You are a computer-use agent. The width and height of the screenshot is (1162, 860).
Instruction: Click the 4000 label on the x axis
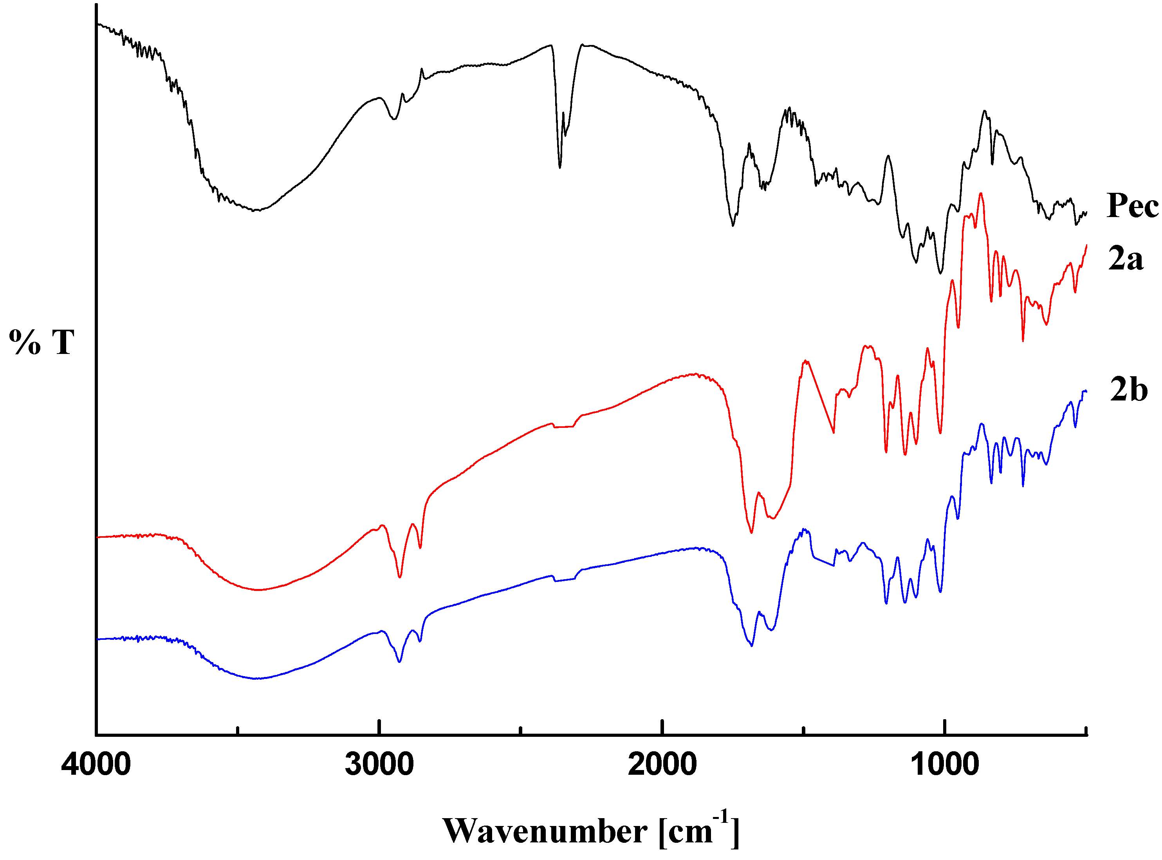coord(96,765)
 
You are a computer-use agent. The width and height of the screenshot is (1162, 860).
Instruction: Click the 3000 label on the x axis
coord(379,765)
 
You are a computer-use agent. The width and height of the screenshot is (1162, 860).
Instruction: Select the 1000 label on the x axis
coord(944,765)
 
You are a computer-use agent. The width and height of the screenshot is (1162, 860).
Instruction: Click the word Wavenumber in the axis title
coord(545,831)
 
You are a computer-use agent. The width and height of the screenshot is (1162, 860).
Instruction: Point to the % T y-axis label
coord(41,343)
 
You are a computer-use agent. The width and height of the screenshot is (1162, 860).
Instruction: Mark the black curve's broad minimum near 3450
coord(255,210)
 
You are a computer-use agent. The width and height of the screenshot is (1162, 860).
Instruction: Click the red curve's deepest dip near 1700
coord(751,532)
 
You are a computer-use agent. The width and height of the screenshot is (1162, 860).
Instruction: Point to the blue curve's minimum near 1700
coord(751,646)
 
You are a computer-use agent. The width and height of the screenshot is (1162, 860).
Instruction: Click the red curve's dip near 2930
coord(400,577)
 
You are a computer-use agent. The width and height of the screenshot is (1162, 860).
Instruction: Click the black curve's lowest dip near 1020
coord(940,273)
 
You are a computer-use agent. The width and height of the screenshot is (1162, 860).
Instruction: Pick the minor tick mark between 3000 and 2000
coord(521,731)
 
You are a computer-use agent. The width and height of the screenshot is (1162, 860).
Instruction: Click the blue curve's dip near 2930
coord(400,662)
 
